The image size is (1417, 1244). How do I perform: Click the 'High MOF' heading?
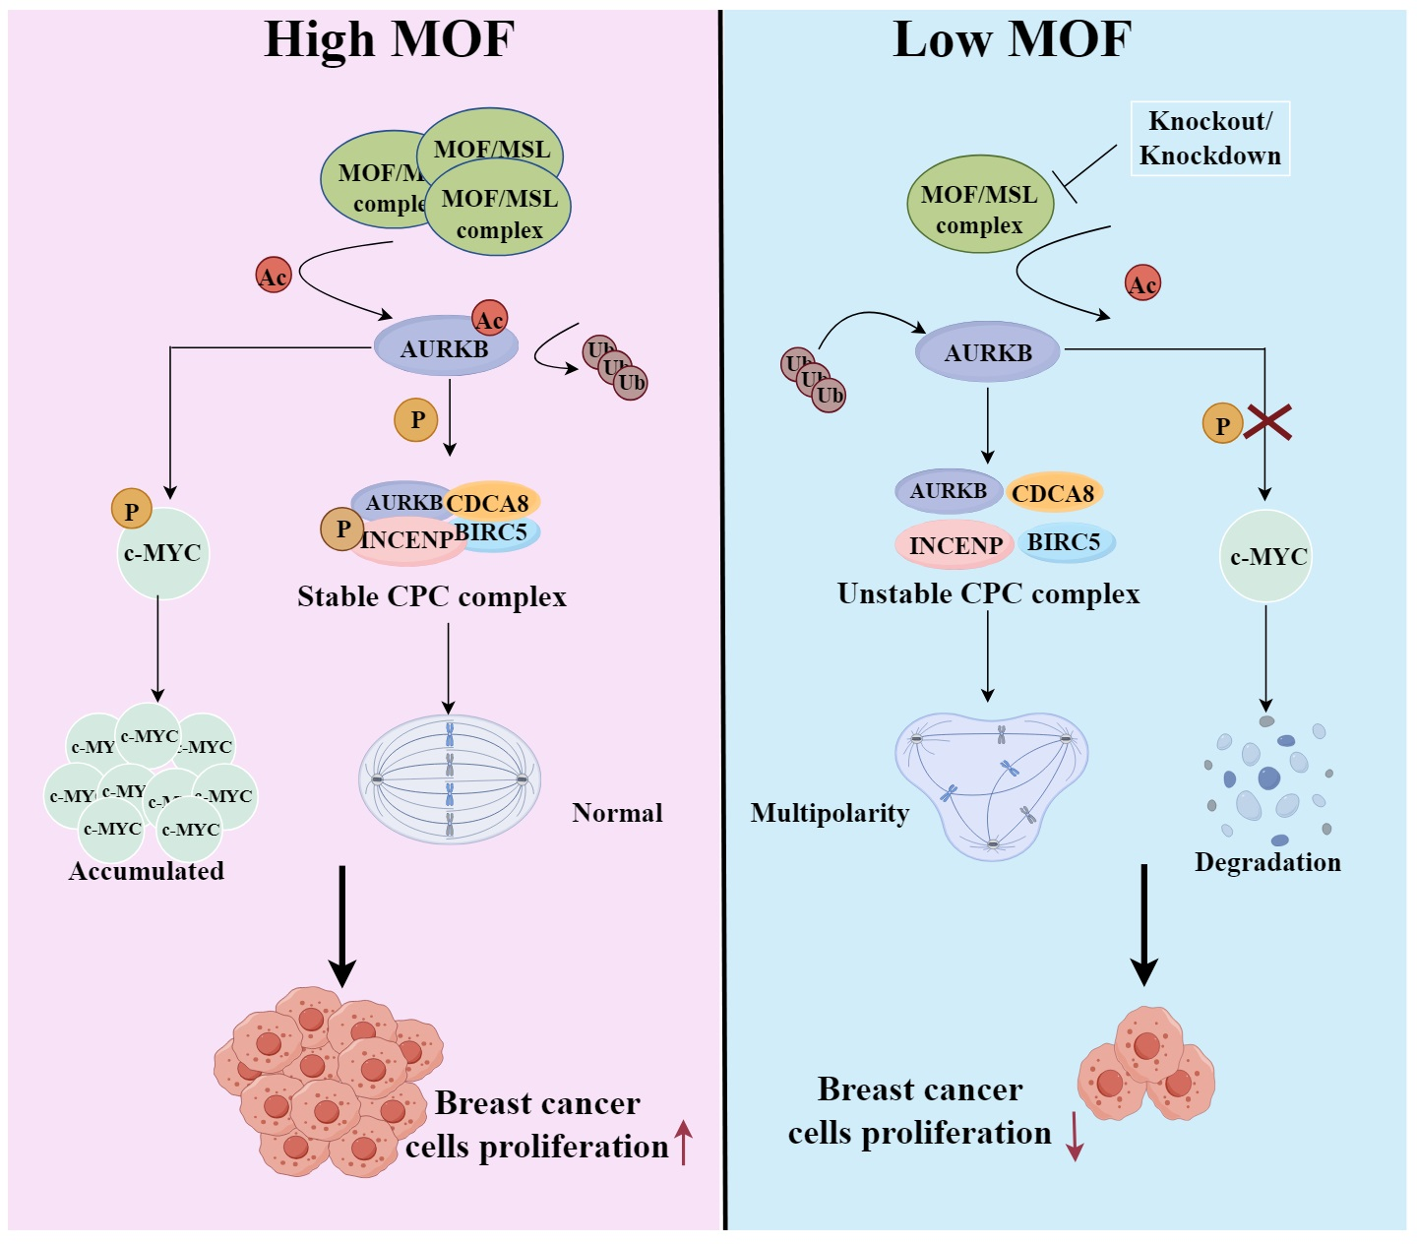[x=389, y=40]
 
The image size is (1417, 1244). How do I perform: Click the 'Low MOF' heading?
[x=1012, y=40]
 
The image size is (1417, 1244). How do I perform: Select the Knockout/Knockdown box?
[x=1209, y=139]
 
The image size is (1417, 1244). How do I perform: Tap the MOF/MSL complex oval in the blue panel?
[x=979, y=205]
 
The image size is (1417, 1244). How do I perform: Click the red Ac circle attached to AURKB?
[x=489, y=318]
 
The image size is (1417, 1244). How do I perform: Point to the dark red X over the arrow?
[x=1267, y=422]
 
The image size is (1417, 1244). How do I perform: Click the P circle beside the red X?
[x=1222, y=425]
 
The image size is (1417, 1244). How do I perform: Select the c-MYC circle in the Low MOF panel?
[x=1266, y=556]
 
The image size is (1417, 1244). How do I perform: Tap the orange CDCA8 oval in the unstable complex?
[x=1053, y=493]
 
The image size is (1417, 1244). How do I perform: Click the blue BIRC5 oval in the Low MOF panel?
[x=1065, y=542]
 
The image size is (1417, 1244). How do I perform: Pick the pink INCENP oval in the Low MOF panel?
[x=955, y=545]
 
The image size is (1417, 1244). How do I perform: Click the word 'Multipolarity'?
[x=830, y=813]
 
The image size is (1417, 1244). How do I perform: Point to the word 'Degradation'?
[x=1267, y=862]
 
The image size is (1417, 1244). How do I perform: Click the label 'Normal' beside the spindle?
[x=617, y=813]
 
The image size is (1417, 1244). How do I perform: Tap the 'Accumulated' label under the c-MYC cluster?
[x=147, y=871]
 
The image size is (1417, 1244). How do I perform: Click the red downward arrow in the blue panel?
[x=1075, y=1137]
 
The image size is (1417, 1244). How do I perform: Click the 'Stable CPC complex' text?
[x=432, y=596]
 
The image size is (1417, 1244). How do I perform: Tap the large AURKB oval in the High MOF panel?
[x=445, y=347]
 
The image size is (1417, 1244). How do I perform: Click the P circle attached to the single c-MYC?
[x=131, y=510]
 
